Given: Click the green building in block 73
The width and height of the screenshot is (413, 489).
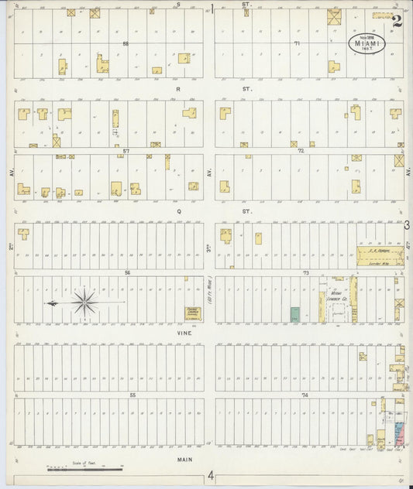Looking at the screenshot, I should coord(295,313).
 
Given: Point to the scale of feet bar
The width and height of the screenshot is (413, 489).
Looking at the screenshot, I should coord(85,467).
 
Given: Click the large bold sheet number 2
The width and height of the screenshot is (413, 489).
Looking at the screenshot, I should coord(397,21).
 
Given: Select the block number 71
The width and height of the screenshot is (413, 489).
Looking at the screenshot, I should coord(297,43).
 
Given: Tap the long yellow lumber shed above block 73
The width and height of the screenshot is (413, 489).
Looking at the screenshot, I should coord(380,255).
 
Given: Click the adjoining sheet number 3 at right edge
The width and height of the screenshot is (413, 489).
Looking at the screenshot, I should coord(407,224).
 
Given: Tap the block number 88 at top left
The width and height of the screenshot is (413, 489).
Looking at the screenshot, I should coord(125,43).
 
